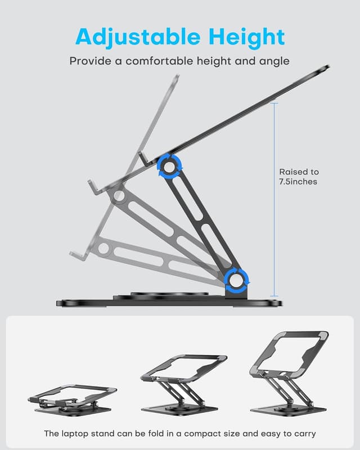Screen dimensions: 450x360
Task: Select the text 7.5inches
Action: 299,182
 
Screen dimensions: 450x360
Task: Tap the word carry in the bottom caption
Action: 304,434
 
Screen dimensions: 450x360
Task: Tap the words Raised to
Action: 299,172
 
